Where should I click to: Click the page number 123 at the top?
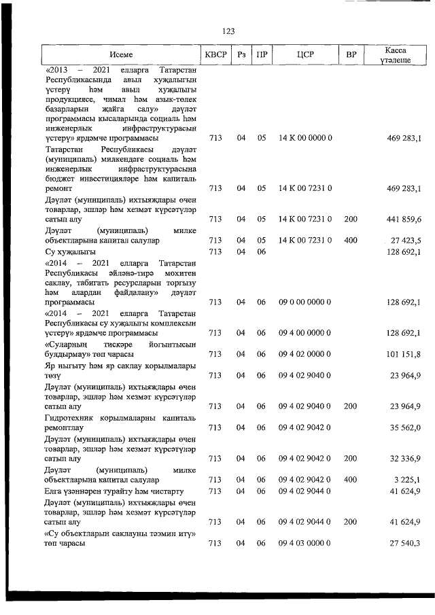pyautogui.click(x=228, y=31)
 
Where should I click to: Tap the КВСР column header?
pyautogui.click(x=215, y=54)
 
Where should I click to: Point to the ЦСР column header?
pyautogui.click(x=304, y=54)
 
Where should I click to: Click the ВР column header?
pyautogui.click(x=351, y=54)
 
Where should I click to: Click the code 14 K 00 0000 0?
pyautogui.click(x=304, y=139)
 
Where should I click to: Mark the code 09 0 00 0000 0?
pyautogui.click(x=304, y=302)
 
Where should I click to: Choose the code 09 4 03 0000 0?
pyautogui.click(x=304, y=544)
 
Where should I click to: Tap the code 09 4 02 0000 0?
pyautogui.click(x=304, y=353)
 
